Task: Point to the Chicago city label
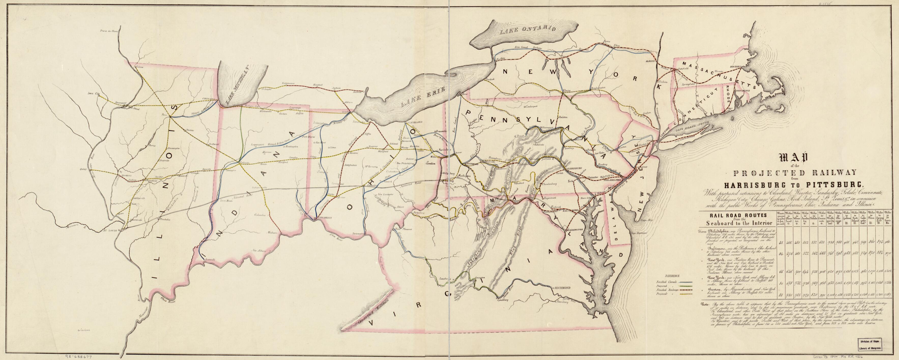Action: pyautogui.click(x=208, y=99)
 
